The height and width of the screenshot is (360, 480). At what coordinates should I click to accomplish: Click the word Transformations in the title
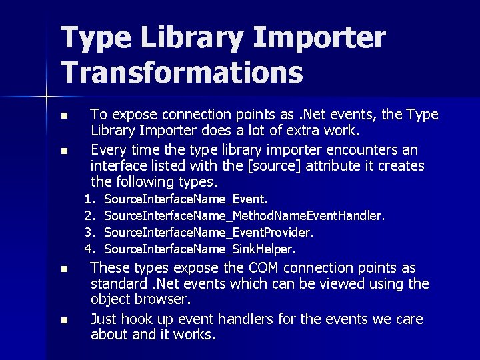(182, 71)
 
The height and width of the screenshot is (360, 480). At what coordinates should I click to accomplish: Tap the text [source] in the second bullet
(262, 165)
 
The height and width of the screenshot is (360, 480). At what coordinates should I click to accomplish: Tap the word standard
(117, 284)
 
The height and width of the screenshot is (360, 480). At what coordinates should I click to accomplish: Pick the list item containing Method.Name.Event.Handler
(245, 215)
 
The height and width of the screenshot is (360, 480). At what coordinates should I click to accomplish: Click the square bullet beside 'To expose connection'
(63, 116)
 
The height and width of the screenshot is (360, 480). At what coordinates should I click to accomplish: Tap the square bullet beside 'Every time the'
(63, 151)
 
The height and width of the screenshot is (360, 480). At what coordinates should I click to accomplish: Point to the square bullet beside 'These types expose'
(63, 269)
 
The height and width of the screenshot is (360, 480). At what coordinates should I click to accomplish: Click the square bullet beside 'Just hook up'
(63, 320)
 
